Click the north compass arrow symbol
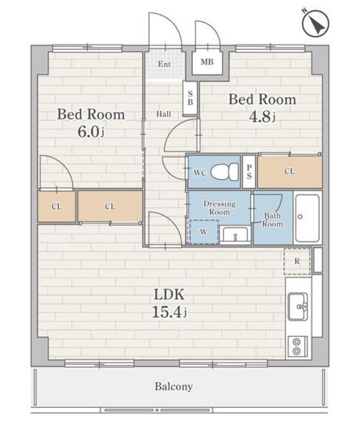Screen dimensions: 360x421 (316, 24)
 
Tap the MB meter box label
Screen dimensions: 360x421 (207, 62)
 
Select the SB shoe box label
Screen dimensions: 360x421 (190, 98)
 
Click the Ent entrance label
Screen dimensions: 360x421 (164, 64)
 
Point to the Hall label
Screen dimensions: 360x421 (164, 114)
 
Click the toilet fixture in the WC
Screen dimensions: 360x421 (224, 172)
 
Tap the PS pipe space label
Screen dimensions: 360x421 (249, 172)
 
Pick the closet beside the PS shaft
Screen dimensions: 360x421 (290, 171)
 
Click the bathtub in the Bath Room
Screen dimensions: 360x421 (308, 218)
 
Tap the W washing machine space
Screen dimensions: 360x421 (204, 232)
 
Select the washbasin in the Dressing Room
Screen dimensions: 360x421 (236, 235)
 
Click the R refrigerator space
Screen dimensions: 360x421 (297, 261)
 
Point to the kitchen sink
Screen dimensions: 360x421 (298, 307)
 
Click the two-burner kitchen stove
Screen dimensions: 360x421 (297, 346)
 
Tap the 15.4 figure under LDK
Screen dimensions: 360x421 (169, 311)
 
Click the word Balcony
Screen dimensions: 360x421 (174, 387)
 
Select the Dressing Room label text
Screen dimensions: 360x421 (220, 208)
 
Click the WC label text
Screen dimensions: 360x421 (200, 172)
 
